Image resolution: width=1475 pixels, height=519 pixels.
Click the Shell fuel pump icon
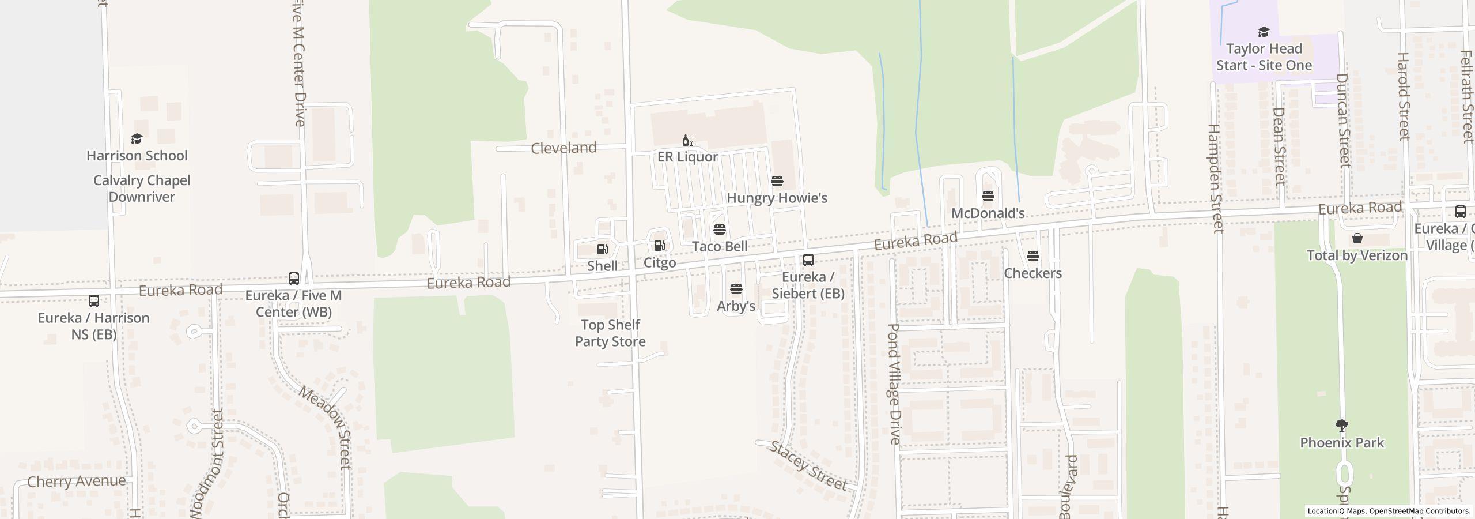click(602, 249)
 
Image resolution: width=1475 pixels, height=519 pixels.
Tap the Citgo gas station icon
click(659, 246)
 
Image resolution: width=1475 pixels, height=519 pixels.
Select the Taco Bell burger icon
click(719, 230)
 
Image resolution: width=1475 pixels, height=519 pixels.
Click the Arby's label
click(736, 306)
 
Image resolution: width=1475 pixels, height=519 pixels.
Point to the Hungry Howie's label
click(777, 198)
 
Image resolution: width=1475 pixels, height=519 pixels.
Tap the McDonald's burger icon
click(988, 196)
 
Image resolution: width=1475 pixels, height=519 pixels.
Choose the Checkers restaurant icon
click(1032, 256)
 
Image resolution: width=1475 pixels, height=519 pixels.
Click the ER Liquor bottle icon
click(687, 140)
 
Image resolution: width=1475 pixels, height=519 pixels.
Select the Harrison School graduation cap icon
click(137, 139)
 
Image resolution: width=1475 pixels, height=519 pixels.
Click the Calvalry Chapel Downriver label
click(142, 189)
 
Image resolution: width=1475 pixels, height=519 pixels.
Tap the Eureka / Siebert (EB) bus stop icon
click(808, 260)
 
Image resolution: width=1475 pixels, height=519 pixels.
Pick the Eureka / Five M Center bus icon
click(293, 279)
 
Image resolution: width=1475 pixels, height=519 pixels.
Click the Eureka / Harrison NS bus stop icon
click(93, 301)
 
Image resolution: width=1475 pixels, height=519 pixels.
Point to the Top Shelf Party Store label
click(610, 333)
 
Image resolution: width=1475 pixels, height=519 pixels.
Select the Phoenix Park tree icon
click(1341, 426)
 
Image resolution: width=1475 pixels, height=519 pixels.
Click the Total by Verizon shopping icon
click(1357, 238)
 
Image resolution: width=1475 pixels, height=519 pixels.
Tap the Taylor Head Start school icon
click(1264, 32)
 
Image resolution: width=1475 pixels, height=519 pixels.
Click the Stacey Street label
click(808, 465)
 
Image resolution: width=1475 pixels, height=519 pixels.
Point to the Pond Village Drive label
click(894, 383)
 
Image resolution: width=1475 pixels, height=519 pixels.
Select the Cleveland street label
click(563, 148)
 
